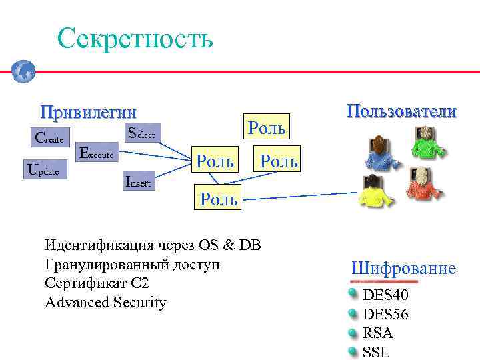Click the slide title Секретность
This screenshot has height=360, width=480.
click(135, 38)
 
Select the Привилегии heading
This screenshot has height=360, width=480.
click(88, 111)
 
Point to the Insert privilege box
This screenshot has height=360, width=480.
click(138, 181)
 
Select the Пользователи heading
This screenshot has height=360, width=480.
click(401, 111)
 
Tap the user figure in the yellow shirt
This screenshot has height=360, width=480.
click(373, 190)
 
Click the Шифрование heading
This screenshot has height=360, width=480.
click(403, 269)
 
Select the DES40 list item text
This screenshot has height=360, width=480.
click(385, 295)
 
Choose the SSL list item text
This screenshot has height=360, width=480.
click(376, 351)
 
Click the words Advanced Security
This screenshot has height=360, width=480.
click(105, 302)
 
